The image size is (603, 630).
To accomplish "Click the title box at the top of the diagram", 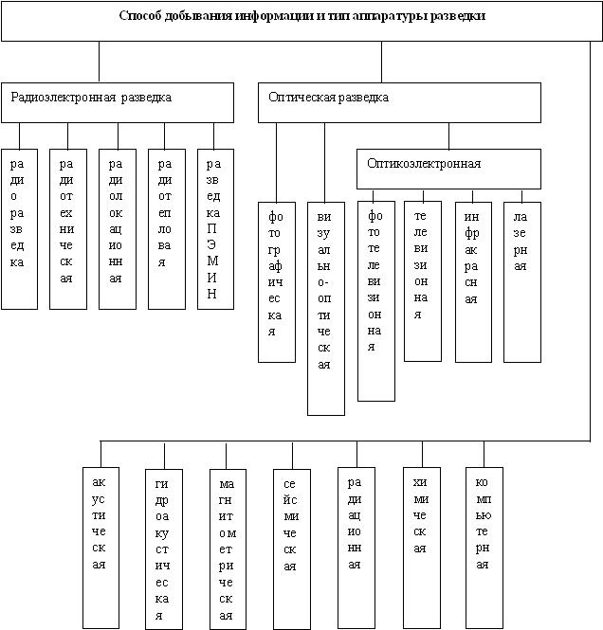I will tap(301, 21).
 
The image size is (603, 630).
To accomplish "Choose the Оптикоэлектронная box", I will tap(448, 169).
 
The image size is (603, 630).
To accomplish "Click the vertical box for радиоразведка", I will tap(19, 228).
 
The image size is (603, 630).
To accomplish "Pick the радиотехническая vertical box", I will tap(67, 228).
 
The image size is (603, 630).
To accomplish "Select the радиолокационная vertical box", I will tap(117, 228).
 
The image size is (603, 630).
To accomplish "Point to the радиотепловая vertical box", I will tap(166, 228).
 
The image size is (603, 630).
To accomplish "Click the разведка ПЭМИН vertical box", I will tap(215, 228).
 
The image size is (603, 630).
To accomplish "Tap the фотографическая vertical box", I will tap(277, 281).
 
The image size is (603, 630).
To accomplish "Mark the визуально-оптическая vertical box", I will tap(326, 308).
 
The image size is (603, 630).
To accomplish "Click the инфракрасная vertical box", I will tap(473, 281).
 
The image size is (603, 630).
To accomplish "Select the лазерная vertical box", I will tap(522, 281).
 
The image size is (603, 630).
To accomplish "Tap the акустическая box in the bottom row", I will tap(100, 548).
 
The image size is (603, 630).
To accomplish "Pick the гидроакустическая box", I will tap(163, 548).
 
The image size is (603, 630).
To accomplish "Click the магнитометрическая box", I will tap(226, 548).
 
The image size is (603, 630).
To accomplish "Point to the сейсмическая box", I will tap(290, 548).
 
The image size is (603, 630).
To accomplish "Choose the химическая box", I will tap(421, 548).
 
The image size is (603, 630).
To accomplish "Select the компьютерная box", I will tap(484, 548).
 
